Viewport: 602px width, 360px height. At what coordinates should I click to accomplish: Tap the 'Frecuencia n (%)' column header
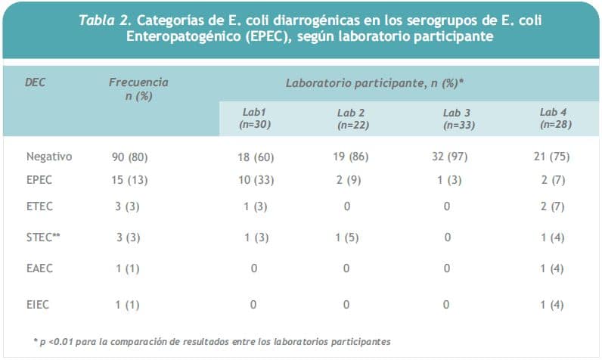(x=138, y=89)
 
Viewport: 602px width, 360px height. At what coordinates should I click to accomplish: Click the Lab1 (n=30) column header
(x=254, y=118)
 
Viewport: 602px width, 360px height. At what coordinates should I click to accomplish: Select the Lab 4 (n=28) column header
(x=554, y=118)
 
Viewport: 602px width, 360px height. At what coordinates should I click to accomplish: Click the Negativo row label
(x=49, y=157)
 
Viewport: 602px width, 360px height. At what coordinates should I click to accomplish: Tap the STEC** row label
(x=44, y=237)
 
